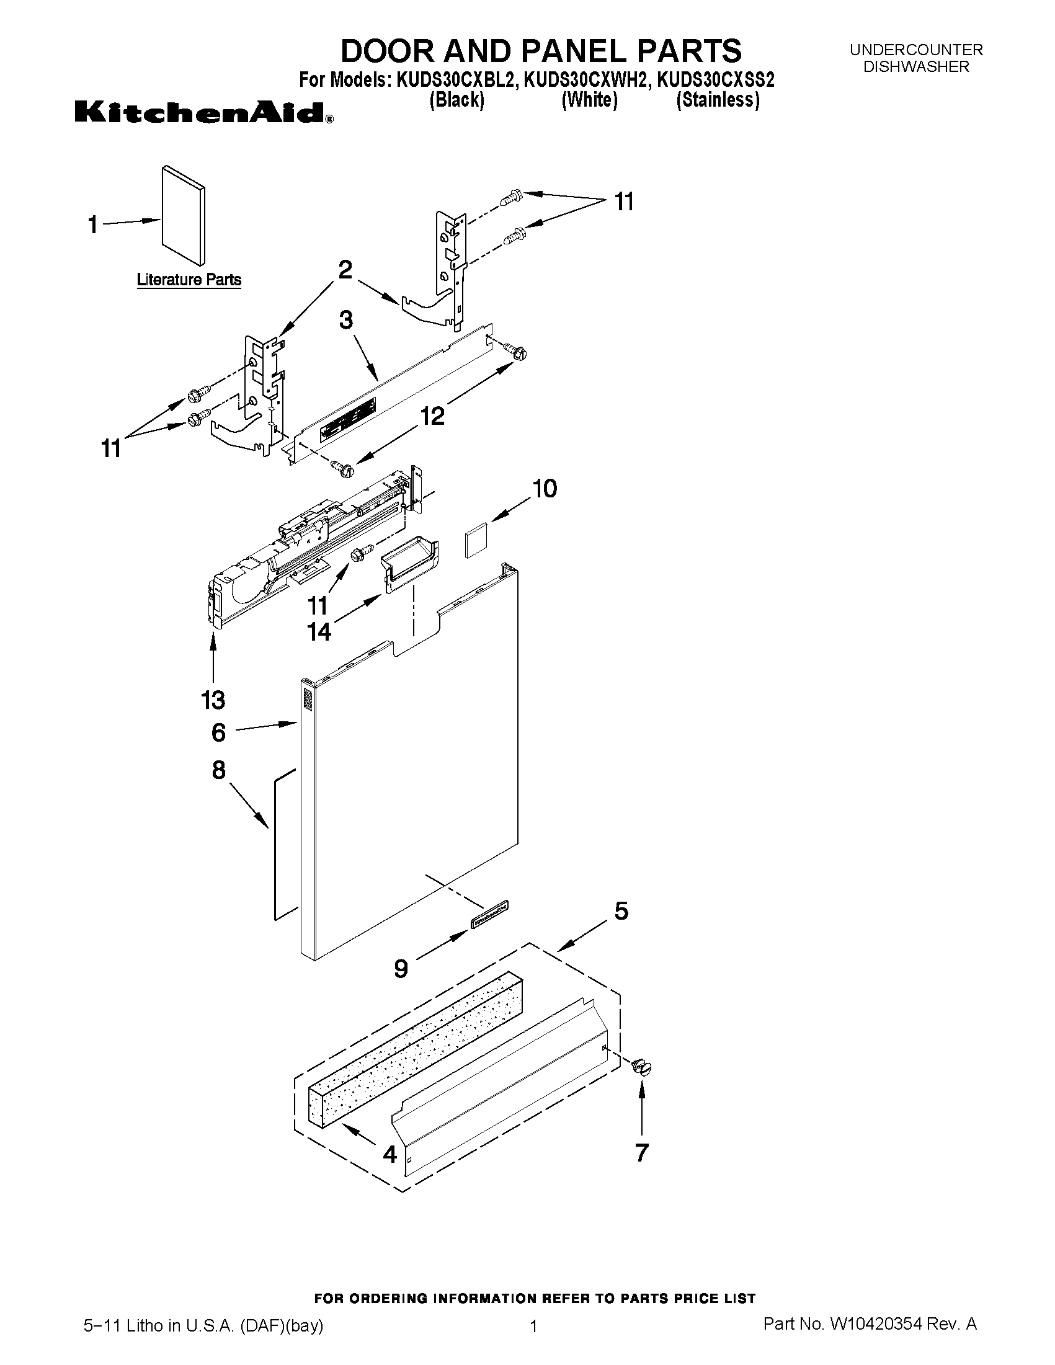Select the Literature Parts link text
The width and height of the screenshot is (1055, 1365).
pyautogui.click(x=189, y=279)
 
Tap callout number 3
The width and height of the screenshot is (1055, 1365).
pyautogui.click(x=345, y=321)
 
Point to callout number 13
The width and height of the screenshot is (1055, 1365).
pyautogui.click(x=213, y=700)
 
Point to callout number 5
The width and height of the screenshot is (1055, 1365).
pyautogui.click(x=621, y=911)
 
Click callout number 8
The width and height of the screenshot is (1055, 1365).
pyautogui.click(x=218, y=770)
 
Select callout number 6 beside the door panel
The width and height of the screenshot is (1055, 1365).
pyautogui.click(x=218, y=732)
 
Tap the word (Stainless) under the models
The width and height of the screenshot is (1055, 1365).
pyautogui.click(x=718, y=100)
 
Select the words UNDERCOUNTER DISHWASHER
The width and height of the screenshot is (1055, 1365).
pyautogui.click(x=915, y=58)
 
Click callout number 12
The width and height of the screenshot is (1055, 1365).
pyautogui.click(x=432, y=415)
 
